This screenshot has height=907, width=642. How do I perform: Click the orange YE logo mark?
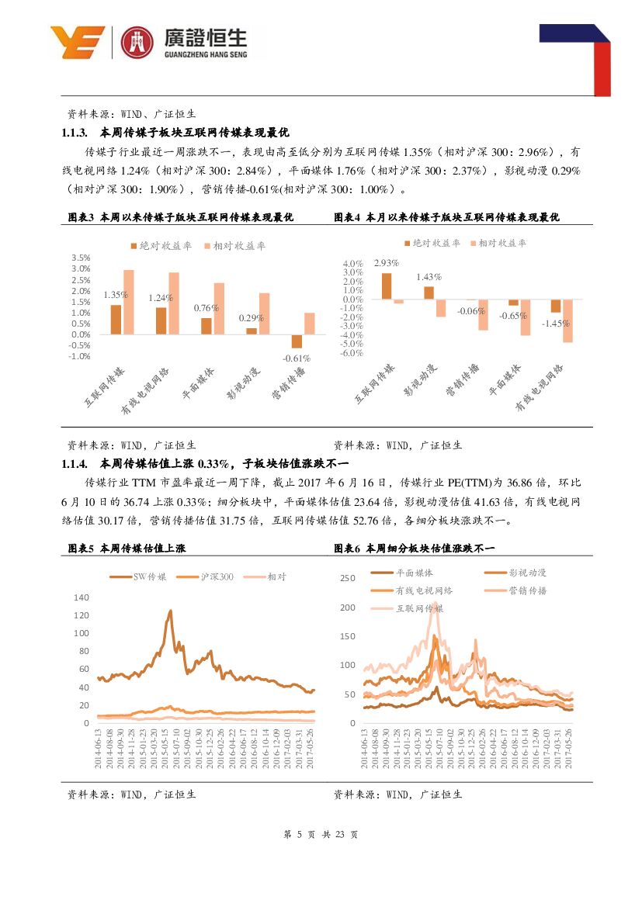click(x=77, y=42)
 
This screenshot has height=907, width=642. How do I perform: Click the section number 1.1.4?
click(x=77, y=464)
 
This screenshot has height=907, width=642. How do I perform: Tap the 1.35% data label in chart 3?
click(x=115, y=295)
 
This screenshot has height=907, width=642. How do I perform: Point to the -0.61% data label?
click(x=297, y=358)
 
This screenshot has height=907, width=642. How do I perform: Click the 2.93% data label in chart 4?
click(x=386, y=263)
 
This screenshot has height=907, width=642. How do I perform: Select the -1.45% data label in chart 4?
click(x=556, y=323)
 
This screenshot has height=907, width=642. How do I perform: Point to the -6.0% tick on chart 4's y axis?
click(x=353, y=353)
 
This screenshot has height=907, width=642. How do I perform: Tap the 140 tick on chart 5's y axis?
click(x=82, y=597)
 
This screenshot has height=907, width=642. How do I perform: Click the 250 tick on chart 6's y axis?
click(x=347, y=578)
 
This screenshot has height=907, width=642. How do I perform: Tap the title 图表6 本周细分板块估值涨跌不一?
click(x=414, y=548)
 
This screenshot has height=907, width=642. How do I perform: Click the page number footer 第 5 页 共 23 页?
click(x=321, y=835)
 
